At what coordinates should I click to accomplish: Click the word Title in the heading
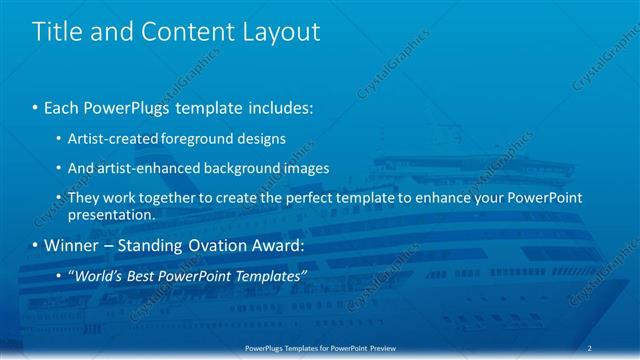(57, 32)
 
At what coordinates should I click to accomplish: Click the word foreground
(200, 138)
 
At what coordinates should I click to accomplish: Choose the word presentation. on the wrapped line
(111, 214)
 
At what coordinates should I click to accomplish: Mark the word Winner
(73, 245)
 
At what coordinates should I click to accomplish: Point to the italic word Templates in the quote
(271, 276)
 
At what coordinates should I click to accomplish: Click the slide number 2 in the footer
(591, 347)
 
